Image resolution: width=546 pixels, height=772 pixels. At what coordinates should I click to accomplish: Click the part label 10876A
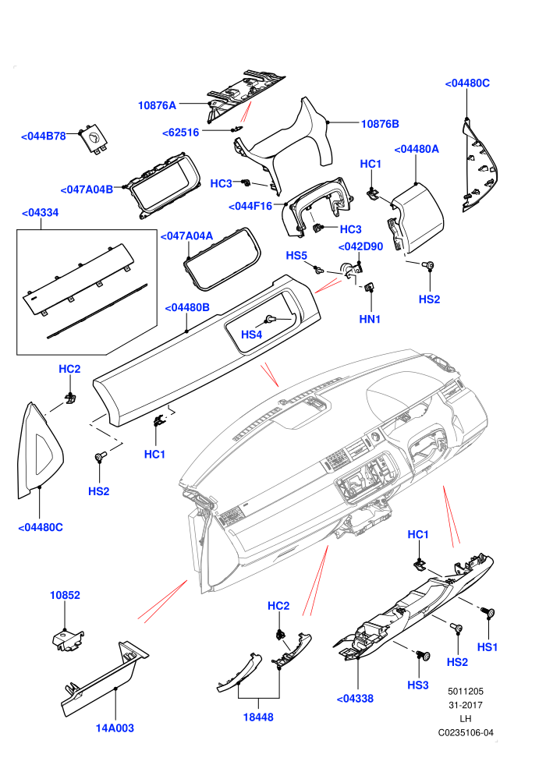[x=157, y=105]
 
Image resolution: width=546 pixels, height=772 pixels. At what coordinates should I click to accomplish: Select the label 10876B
[x=380, y=124]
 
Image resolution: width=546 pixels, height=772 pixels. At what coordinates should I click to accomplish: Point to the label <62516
[x=181, y=133]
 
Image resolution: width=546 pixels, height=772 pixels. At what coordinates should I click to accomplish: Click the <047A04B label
[x=87, y=189]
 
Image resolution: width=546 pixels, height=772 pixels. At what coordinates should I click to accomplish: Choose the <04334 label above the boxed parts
[x=41, y=213]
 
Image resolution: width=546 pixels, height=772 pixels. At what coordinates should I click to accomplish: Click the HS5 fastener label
[x=296, y=256]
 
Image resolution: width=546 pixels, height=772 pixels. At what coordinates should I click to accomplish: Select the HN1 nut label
[x=370, y=320]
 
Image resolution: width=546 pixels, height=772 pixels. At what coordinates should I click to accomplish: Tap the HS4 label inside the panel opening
[x=252, y=335]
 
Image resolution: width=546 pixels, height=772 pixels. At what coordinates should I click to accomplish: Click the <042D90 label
[x=360, y=246]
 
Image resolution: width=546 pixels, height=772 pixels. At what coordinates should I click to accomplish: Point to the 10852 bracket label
[x=65, y=595]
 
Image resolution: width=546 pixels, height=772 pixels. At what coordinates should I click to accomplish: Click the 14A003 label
[x=115, y=728]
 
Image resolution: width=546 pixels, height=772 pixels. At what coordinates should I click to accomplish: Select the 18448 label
[x=258, y=717]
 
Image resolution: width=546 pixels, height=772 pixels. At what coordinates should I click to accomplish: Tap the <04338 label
[x=355, y=699]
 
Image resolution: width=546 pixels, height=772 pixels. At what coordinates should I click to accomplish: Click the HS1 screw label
[x=487, y=647]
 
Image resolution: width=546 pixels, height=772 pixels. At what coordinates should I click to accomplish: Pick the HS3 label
[x=418, y=685]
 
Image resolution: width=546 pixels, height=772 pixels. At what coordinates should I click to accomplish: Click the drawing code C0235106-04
[x=466, y=733]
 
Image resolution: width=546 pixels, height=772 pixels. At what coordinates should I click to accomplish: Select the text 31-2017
[x=466, y=706]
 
